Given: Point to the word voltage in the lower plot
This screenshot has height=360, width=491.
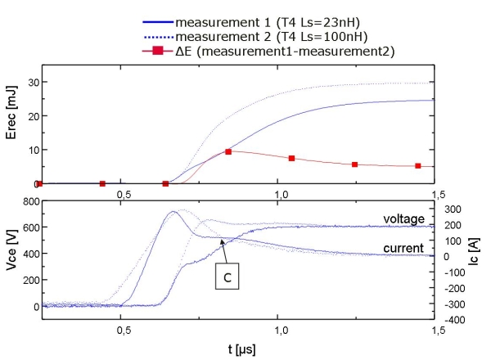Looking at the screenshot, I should pyautogui.click(x=403, y=218).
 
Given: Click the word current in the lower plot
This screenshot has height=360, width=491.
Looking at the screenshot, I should pyautogui.click(x=403, y=247).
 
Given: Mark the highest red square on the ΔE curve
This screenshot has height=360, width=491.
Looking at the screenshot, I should pyautogui.click(x=228, y=151).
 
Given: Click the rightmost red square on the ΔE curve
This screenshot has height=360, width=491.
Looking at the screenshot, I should pyautogui.click(x=418, y=166).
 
